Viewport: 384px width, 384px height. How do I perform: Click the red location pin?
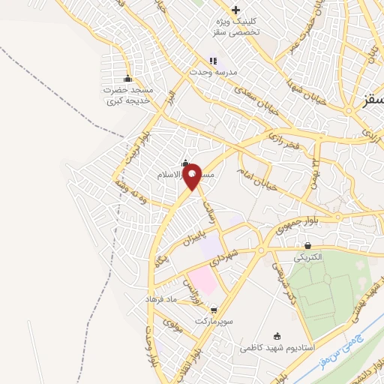(193, 175)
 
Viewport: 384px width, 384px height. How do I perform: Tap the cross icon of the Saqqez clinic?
(236, 10)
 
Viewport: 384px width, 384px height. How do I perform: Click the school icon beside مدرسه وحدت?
(213, 61)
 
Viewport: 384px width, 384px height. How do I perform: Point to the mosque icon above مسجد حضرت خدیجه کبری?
(127, 79)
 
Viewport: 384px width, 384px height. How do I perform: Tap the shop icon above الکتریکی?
(308, 245)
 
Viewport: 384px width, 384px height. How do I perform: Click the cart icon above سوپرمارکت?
(214, 309)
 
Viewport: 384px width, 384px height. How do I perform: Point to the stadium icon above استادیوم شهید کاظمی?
(278, 336)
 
